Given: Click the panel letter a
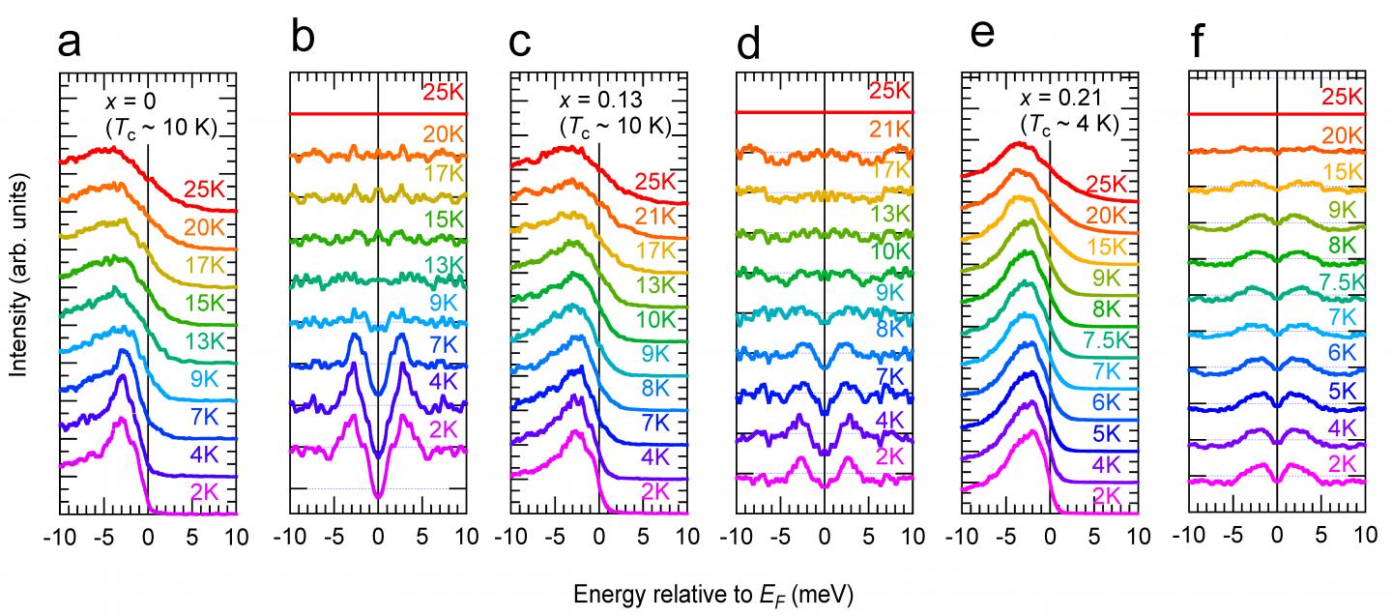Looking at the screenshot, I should point(71,44).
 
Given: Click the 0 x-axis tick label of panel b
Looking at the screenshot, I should point(378,538).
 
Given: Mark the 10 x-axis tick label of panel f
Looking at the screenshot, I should point(1364,538).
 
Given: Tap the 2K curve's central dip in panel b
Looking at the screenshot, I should point(378,496).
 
